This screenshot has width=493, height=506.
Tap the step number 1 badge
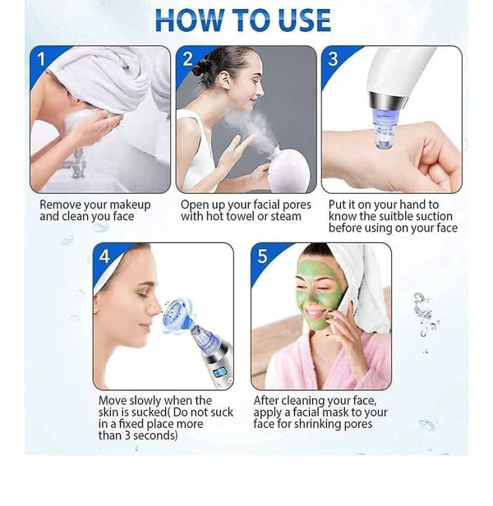[42, 59]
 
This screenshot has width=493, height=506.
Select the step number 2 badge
[187, 59]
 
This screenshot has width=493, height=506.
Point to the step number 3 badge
[333, 59]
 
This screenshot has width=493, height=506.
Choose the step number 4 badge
[104, 256]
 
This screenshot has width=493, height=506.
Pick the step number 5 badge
[263, 256]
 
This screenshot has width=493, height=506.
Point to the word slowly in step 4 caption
[147, 400]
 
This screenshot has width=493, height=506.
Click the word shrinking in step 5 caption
[321, 424]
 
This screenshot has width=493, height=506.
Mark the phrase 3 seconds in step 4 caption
[145, 435]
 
